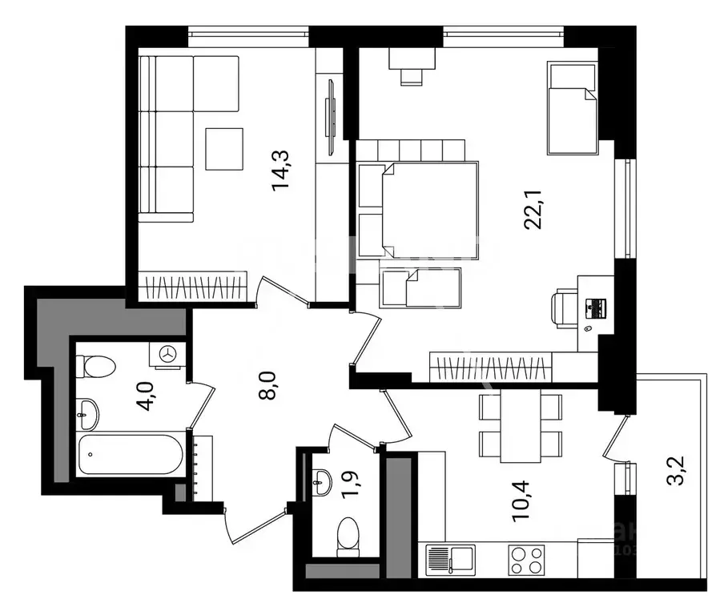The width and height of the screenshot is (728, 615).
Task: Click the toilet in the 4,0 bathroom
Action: point(97,366)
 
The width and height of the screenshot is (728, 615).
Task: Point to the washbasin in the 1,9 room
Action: point(323,480)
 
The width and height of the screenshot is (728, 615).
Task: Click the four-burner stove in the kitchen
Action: point(525,558)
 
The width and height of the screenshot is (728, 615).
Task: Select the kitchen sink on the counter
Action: point(450,558)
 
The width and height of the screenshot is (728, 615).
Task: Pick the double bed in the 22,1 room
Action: point(428,211)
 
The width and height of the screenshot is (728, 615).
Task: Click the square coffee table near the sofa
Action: point(223,149)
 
